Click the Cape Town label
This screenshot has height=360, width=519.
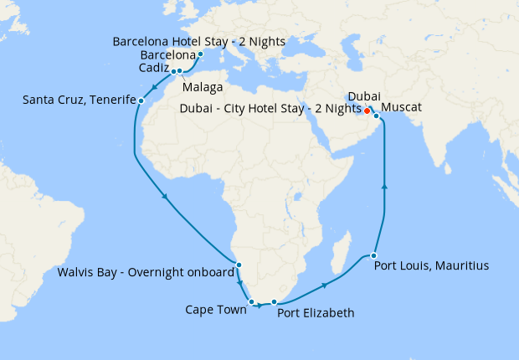(x=215, y=310)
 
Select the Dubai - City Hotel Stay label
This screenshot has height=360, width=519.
(x=270, y=109)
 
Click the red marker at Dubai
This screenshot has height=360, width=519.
(x=367, y=111)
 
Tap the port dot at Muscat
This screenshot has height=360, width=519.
(x=377, y=116)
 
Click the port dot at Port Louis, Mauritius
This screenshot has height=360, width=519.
(x=374, y=255)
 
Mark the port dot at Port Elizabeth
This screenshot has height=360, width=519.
(x=274, y=301)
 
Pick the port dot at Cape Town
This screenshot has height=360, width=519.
(x=251, y=301)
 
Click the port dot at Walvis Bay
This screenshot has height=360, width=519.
(x=239, y=265)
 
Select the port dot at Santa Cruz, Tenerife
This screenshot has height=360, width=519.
(x=141, y=101)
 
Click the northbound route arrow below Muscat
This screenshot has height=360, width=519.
(x=384, y=187)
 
